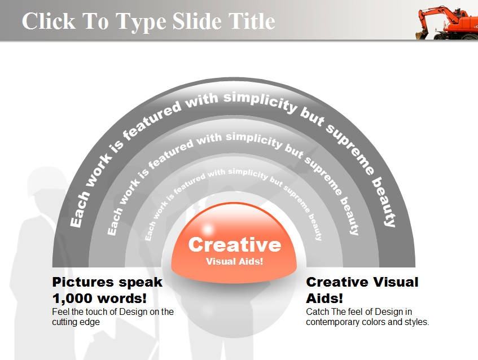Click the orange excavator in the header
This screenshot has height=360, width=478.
click(447, 23)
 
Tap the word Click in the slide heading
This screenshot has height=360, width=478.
click(49, 21)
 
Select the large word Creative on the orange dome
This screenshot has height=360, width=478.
click(234, 244)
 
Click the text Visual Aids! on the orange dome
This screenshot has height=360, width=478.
click(234, 262)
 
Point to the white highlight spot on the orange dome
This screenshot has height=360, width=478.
click(208, 229)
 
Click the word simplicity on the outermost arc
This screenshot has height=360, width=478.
click(260, 102)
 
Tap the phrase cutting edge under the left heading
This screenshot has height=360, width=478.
click(76, 322)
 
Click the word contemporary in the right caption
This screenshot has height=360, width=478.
click(335, 322)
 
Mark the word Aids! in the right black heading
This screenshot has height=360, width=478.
click(324, 298)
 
